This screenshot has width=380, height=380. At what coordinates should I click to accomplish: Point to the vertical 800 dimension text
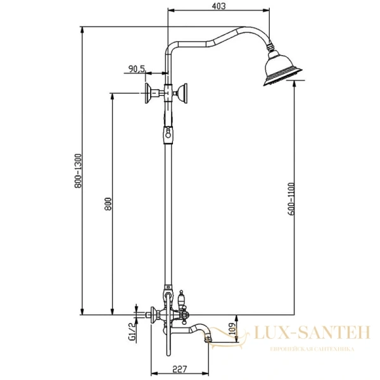point(108,204)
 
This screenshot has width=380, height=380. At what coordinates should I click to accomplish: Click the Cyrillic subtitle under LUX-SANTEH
point(303,348)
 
